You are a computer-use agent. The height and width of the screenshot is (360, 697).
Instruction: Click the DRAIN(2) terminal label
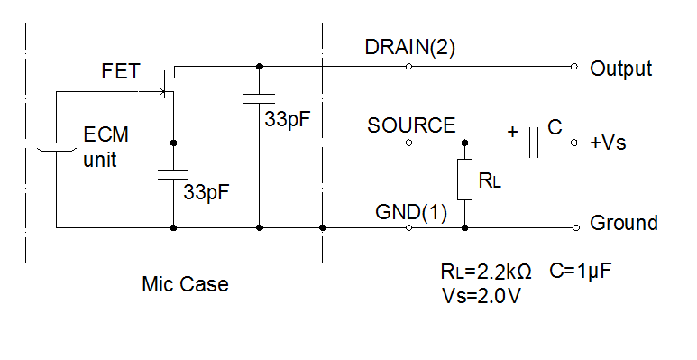click(411, 49)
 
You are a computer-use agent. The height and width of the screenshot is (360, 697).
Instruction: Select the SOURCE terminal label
click(411, 125)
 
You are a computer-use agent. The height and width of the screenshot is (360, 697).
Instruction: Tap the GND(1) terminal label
click(411, 213)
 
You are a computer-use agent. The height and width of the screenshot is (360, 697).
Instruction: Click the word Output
click(620, 69)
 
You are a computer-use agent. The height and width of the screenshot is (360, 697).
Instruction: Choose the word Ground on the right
click(623, 223)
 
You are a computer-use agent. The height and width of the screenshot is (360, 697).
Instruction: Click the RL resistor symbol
click(465, 180)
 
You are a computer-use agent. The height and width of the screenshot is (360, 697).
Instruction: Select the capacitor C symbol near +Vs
click(535, 143)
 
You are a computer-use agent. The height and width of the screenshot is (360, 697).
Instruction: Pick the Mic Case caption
click(185, 285)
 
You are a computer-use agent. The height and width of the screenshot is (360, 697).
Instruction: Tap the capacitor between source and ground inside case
click(172, 174)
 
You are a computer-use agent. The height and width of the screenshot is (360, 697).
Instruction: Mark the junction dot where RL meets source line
click(465, 143)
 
